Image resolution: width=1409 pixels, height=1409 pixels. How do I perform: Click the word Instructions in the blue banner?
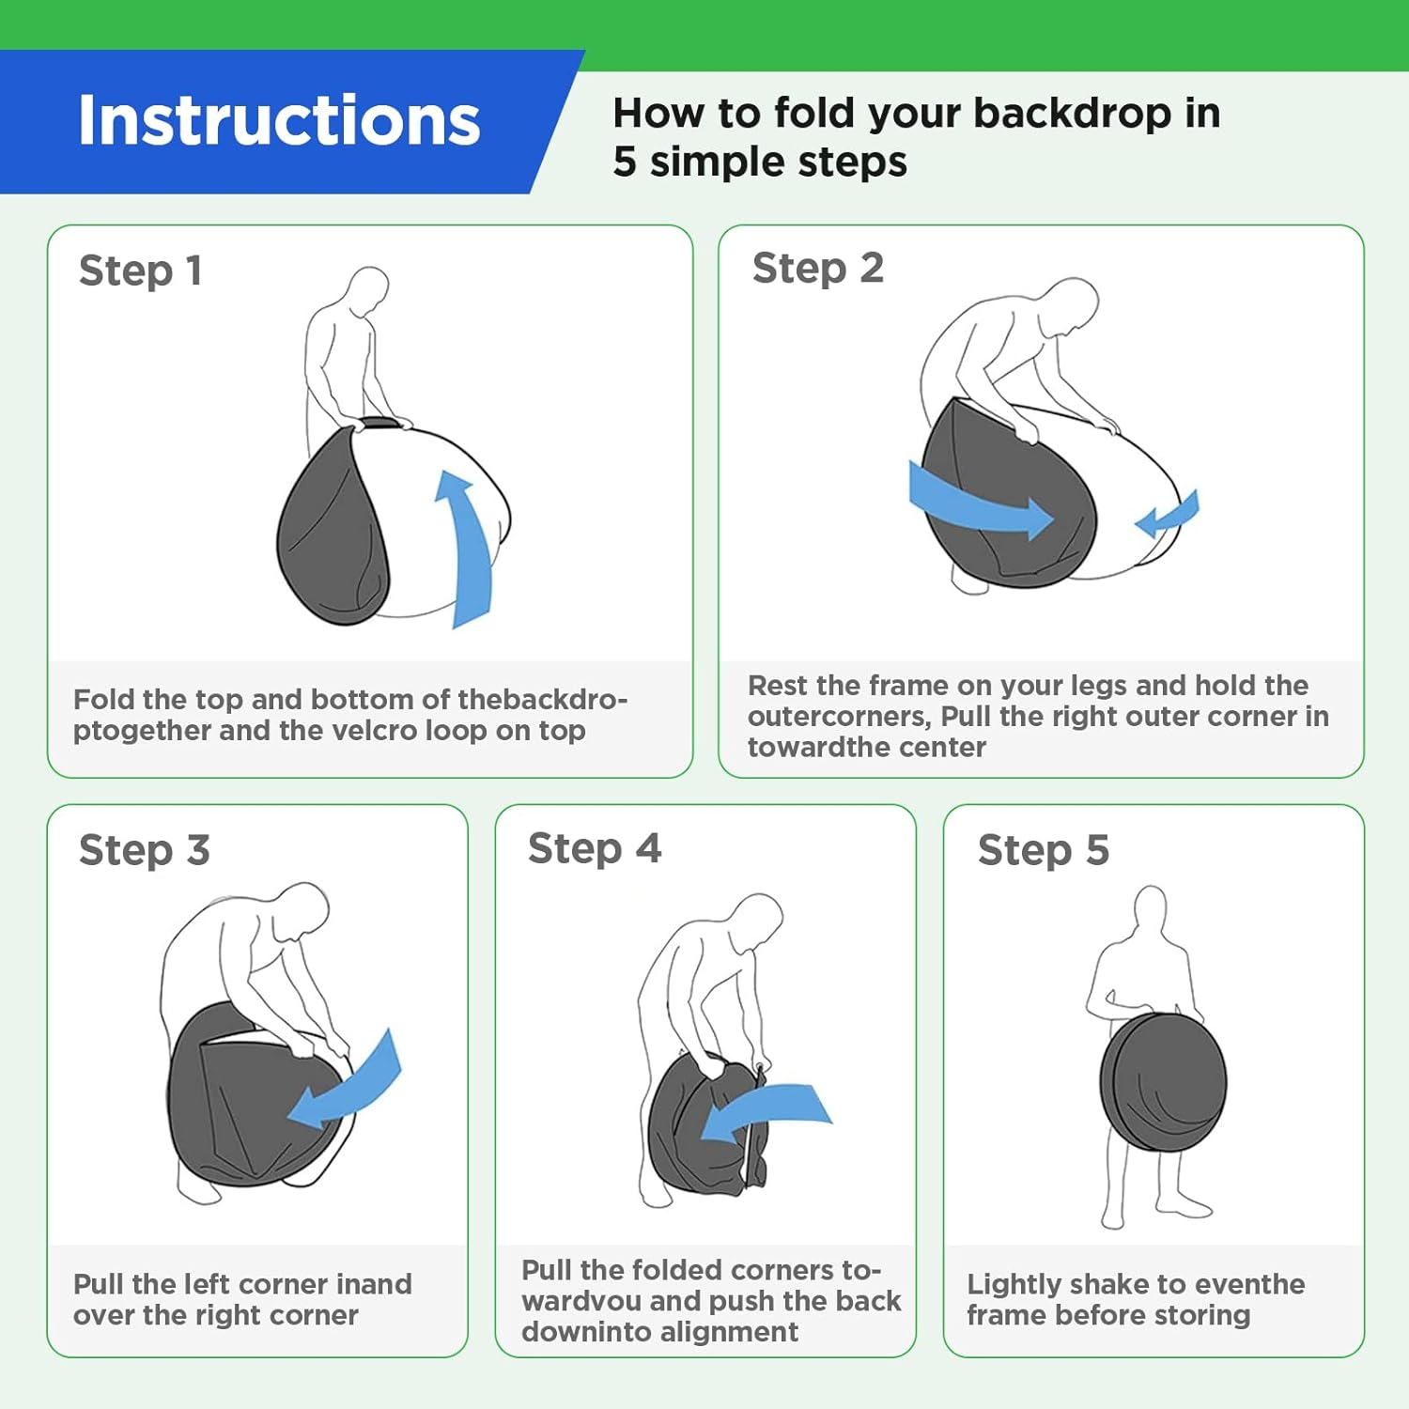tap(279, 120)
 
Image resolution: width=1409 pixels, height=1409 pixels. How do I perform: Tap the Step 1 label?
tap(141, 271)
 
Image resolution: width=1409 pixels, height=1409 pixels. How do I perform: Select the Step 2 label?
tap(818, 269)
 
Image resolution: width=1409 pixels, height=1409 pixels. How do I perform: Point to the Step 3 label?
tap(145, 851)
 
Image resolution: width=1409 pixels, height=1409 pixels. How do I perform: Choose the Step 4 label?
tap(595, 849)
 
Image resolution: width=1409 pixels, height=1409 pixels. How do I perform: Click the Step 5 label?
tap(1044, 851)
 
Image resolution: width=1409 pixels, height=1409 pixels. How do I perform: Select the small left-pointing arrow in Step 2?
tap(1167, 515)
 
